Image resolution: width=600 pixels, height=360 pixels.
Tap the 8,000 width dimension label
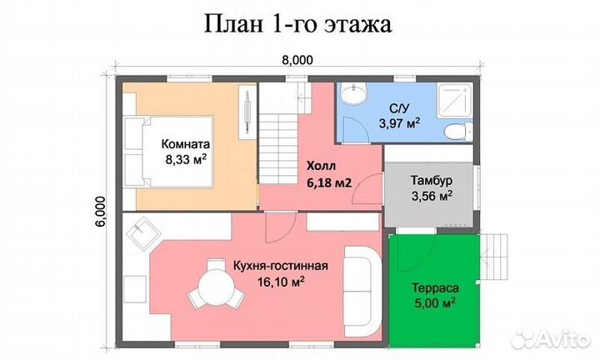tap(298, 60)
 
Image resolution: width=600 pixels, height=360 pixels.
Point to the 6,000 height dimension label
tap(100, 212)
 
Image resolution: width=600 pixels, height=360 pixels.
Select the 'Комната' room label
tap(185, 142)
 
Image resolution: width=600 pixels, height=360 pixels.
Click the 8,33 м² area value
tap(185, 157)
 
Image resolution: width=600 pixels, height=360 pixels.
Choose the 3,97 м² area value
tap(398, 123)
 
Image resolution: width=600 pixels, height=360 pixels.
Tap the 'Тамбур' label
tap(431, 181)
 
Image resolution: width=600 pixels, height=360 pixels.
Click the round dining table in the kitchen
tap(210, 293)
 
